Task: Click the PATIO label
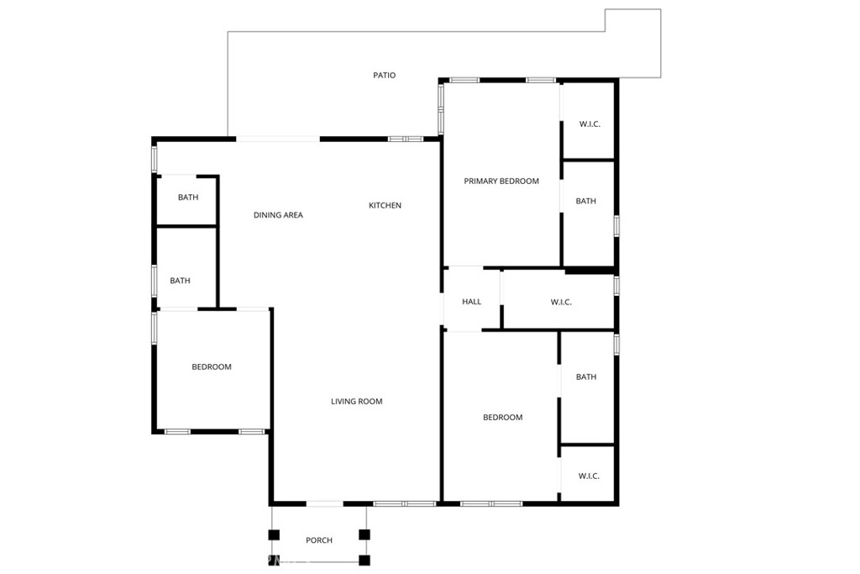click(384, 76)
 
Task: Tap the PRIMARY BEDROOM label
click(501, 182)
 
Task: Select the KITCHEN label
click(385, 206)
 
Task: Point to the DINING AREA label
click(278, 215)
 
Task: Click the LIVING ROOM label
click(356, 402)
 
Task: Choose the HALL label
click(471, 302)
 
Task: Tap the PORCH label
click(319, 540)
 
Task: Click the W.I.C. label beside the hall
click(561, 303)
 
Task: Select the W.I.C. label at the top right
click(590, 124)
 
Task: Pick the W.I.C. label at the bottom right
click(589, 477)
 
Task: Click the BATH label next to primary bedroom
click(586, 202)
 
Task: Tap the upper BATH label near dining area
click(188, 198)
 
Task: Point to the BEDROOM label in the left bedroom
click(212, 367)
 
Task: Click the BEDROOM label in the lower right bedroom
click(502, 418)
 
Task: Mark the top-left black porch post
click(274, 534)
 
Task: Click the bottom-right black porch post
click(364, 560)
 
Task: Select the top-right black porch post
click(364, 534)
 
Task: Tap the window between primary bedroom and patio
click(440, 108)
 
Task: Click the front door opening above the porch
click(324, 503)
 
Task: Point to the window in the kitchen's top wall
click(404, 139)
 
